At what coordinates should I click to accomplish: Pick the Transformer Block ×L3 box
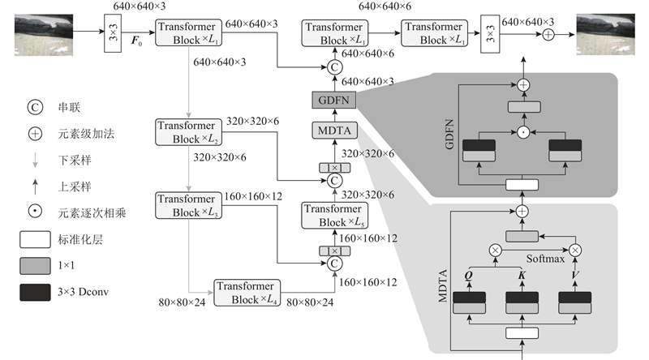tap(187, 205)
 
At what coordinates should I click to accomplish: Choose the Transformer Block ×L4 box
tap(247, 293)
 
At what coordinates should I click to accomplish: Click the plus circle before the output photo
tap(548, 34)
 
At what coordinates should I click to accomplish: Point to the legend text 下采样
tap(71, 162)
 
